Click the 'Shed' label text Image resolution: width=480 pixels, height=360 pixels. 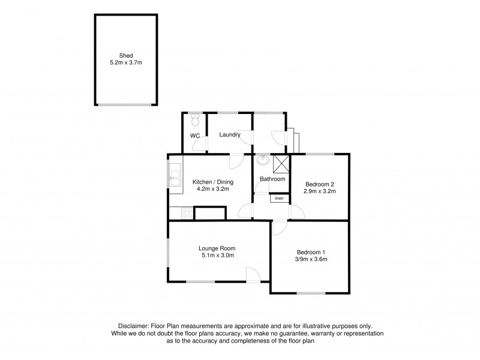(126, 55)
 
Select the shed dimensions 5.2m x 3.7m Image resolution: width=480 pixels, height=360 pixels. (126, 62)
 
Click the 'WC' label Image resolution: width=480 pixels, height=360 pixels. (195, 136)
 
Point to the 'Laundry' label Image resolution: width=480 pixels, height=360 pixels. (230, 135)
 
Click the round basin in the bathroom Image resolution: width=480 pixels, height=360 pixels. (263, 160)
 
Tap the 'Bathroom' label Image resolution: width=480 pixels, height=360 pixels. (272, 179)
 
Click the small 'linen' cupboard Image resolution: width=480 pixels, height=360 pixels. (279, 198)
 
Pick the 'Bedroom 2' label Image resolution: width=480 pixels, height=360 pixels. (319, 184)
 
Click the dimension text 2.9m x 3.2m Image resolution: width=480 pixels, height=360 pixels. (319, 192)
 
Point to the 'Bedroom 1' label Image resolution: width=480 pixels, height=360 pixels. (311, 252)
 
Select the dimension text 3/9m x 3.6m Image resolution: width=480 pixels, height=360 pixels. (311, 260)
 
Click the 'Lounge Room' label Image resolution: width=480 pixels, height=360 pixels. (217, 248)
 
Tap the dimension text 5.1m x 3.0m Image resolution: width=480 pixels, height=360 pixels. (217, 256)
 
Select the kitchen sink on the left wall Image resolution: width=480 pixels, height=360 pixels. (175, 176)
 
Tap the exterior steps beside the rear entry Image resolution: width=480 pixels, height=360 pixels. (294, 140)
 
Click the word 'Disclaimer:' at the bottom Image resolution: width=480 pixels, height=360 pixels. (136, 324)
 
